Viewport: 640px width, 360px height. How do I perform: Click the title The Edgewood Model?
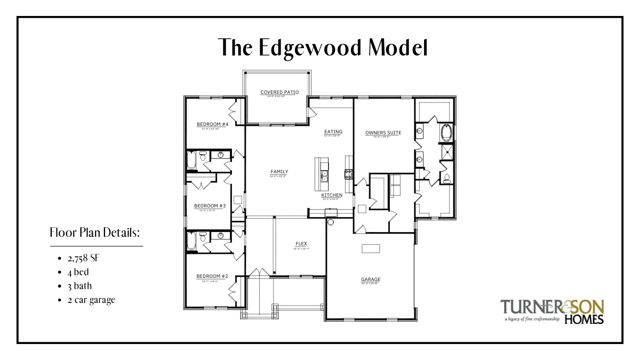tap(323, 48)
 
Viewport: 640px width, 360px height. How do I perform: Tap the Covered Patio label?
tap(279, 92)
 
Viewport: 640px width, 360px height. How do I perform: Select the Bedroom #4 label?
tap(212, 124)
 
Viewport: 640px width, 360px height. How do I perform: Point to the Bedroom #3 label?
tap(210, 206)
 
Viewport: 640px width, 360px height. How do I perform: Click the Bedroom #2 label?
tap(212, 276)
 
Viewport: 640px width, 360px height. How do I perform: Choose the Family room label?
tap(279, 172)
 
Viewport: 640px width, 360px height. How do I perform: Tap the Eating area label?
tap(333, 132)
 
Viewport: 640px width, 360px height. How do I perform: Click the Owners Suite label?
tap(383, 132)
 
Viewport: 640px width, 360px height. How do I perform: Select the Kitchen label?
tap(332, 195)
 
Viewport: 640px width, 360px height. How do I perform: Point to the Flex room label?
tap(301, 244)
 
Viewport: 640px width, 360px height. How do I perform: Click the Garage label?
tap(370, 279)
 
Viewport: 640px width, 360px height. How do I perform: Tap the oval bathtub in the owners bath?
tap(446, 132)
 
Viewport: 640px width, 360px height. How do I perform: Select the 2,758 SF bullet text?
tap(84, 259)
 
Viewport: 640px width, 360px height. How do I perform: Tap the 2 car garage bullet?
tap(91, 300)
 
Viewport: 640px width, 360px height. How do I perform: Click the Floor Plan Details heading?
tap(95, 233)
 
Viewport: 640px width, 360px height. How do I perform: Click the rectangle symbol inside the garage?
tap(371, 249)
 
